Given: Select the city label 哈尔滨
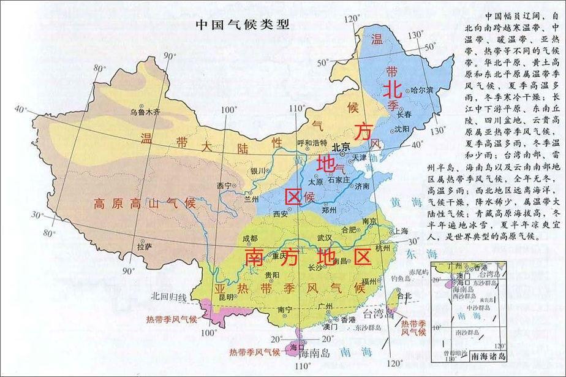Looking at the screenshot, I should click(x=422, y=91).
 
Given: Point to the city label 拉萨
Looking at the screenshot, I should click(x=145, y=247).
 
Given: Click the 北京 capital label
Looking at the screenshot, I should click(x=341, y=147).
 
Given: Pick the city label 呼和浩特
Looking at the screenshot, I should click(x=312, y=143).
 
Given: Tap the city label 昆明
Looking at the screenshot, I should click(x=226, y=297).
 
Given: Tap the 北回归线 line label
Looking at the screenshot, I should click(x=169, y=297).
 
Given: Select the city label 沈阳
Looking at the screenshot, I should click(x=402, y=129).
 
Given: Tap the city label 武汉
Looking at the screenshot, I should click(x=324, y=237).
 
